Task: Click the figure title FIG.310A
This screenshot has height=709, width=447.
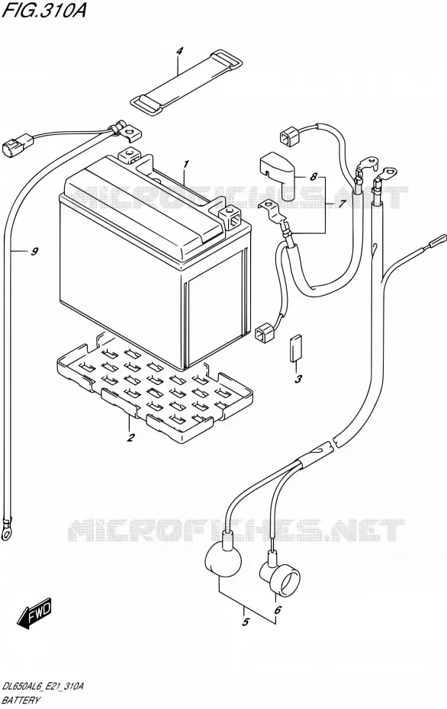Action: tap(43, 10)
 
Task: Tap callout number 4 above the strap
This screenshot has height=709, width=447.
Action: tap(179, 52)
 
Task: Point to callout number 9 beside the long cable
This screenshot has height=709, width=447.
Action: tap(35, 252)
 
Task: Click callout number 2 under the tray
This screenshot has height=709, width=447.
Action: tap(130, 438)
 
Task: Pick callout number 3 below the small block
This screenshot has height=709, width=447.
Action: tap(297, 380)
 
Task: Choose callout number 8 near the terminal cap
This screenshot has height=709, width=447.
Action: tap(314, 177)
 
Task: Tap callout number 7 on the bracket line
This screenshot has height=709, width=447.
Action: tap(342, 204)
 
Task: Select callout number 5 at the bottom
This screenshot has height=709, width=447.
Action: tap(245, 622)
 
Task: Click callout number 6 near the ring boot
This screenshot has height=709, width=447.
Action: tap(278, 610)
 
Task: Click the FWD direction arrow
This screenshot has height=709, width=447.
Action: tap(36, 614)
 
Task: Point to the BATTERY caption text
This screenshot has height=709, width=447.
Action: tap(21, 701)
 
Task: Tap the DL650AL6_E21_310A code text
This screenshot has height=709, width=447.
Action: tap(43, 686)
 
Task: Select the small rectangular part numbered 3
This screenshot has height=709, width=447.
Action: tap(296, 348)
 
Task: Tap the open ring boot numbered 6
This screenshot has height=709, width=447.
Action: tap(280, 575)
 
